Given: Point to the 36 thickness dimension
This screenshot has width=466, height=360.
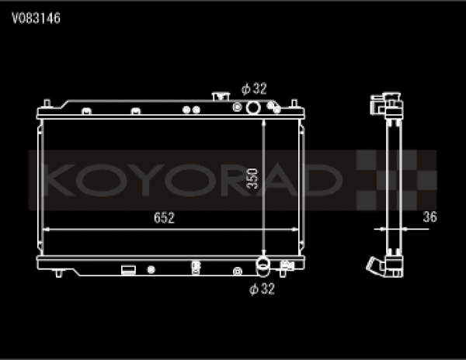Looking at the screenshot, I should pyautogui.click(x=429, y=217).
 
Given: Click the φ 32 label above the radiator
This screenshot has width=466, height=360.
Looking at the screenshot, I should pyautogui.click(x=253, y=88).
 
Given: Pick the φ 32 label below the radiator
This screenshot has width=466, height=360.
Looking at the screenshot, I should pyautogui.click(x=263, y=289).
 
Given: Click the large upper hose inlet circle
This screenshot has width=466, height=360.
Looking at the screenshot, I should pyautogui.click(x=252, y=106).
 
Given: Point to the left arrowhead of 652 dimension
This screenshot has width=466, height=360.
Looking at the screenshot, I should pyautogui.click(x=45, y=229).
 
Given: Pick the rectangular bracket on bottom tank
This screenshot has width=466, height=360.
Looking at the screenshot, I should pyautogui.click(x=127, y=270).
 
